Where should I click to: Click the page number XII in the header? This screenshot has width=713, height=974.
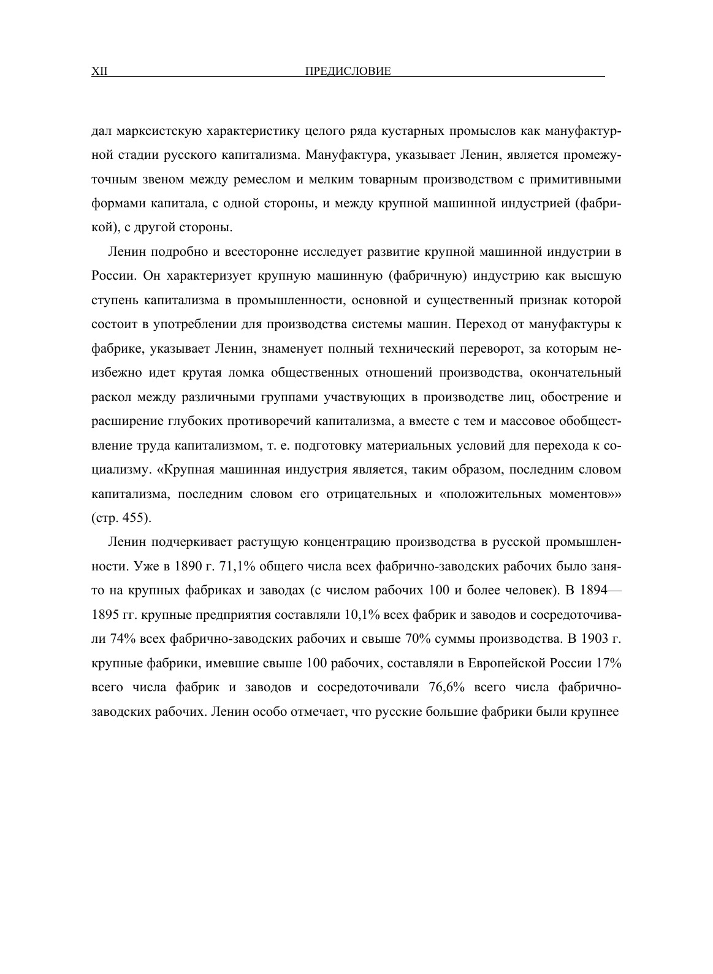(x=99, y=72)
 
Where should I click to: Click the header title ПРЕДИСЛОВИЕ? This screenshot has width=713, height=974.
(x=348, y=72)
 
